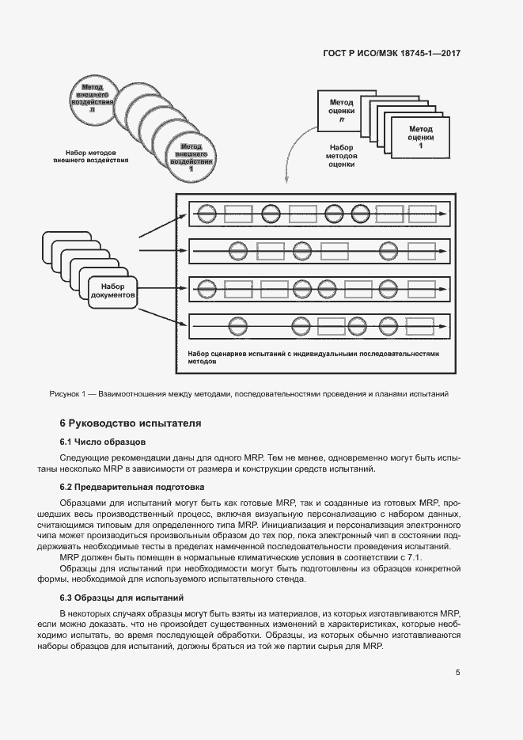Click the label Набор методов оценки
(x=341, y=156)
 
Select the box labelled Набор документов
(x=113, y=290)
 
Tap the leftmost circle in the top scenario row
(x=207, y=213)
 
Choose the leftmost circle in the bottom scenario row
(x=234, y=324)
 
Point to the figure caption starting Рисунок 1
(x=248, y=393)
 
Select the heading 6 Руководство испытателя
(x=131, y=423)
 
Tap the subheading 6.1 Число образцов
(x=103, y=441)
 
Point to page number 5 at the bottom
(x=457, y=673)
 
